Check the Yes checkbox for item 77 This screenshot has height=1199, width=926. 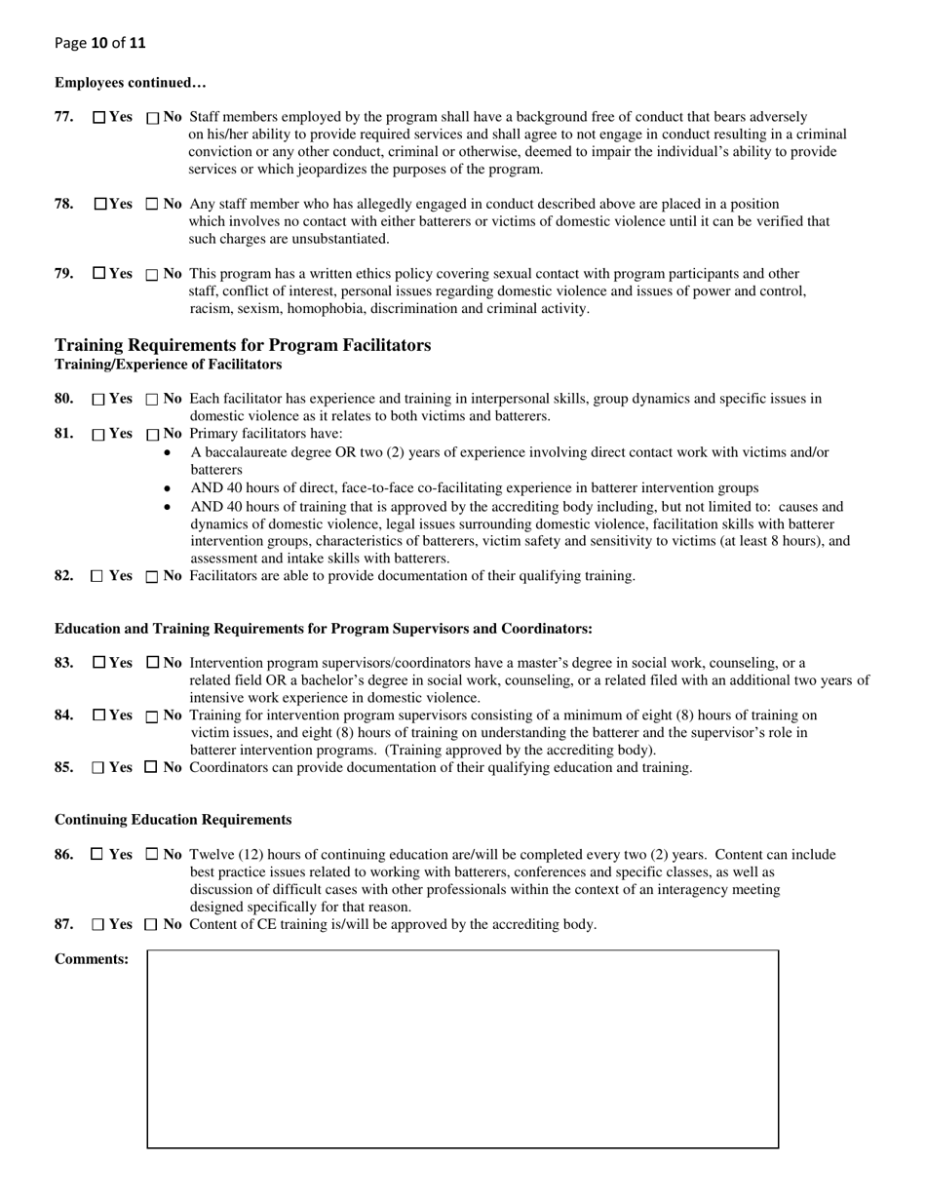[99, 118]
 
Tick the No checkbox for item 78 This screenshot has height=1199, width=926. [151, 205]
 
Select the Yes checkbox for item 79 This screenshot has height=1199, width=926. [99, 274]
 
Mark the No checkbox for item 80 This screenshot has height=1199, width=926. [151, 400]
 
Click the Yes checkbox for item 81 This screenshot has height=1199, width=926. [98, 435]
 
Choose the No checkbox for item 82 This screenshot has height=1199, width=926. [151, 577]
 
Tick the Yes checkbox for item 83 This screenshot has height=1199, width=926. [99, 663]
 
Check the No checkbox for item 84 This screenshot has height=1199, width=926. [151, 716]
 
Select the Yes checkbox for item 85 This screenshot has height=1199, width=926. [97, 768]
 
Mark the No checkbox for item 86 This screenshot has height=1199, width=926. [151, 855]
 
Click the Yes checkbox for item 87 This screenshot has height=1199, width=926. [97, 924]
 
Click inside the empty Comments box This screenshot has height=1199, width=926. [462, 1049]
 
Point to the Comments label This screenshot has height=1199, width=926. [92, 959]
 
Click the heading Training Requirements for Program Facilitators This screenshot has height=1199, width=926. [243, 346]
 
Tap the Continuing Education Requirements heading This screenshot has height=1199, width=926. [173, 820]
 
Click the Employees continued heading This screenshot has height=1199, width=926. [130, 83]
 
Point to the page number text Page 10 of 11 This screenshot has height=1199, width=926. [100, 43]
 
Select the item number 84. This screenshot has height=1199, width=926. [64, 716]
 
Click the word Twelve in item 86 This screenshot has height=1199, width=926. [212, 855]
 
